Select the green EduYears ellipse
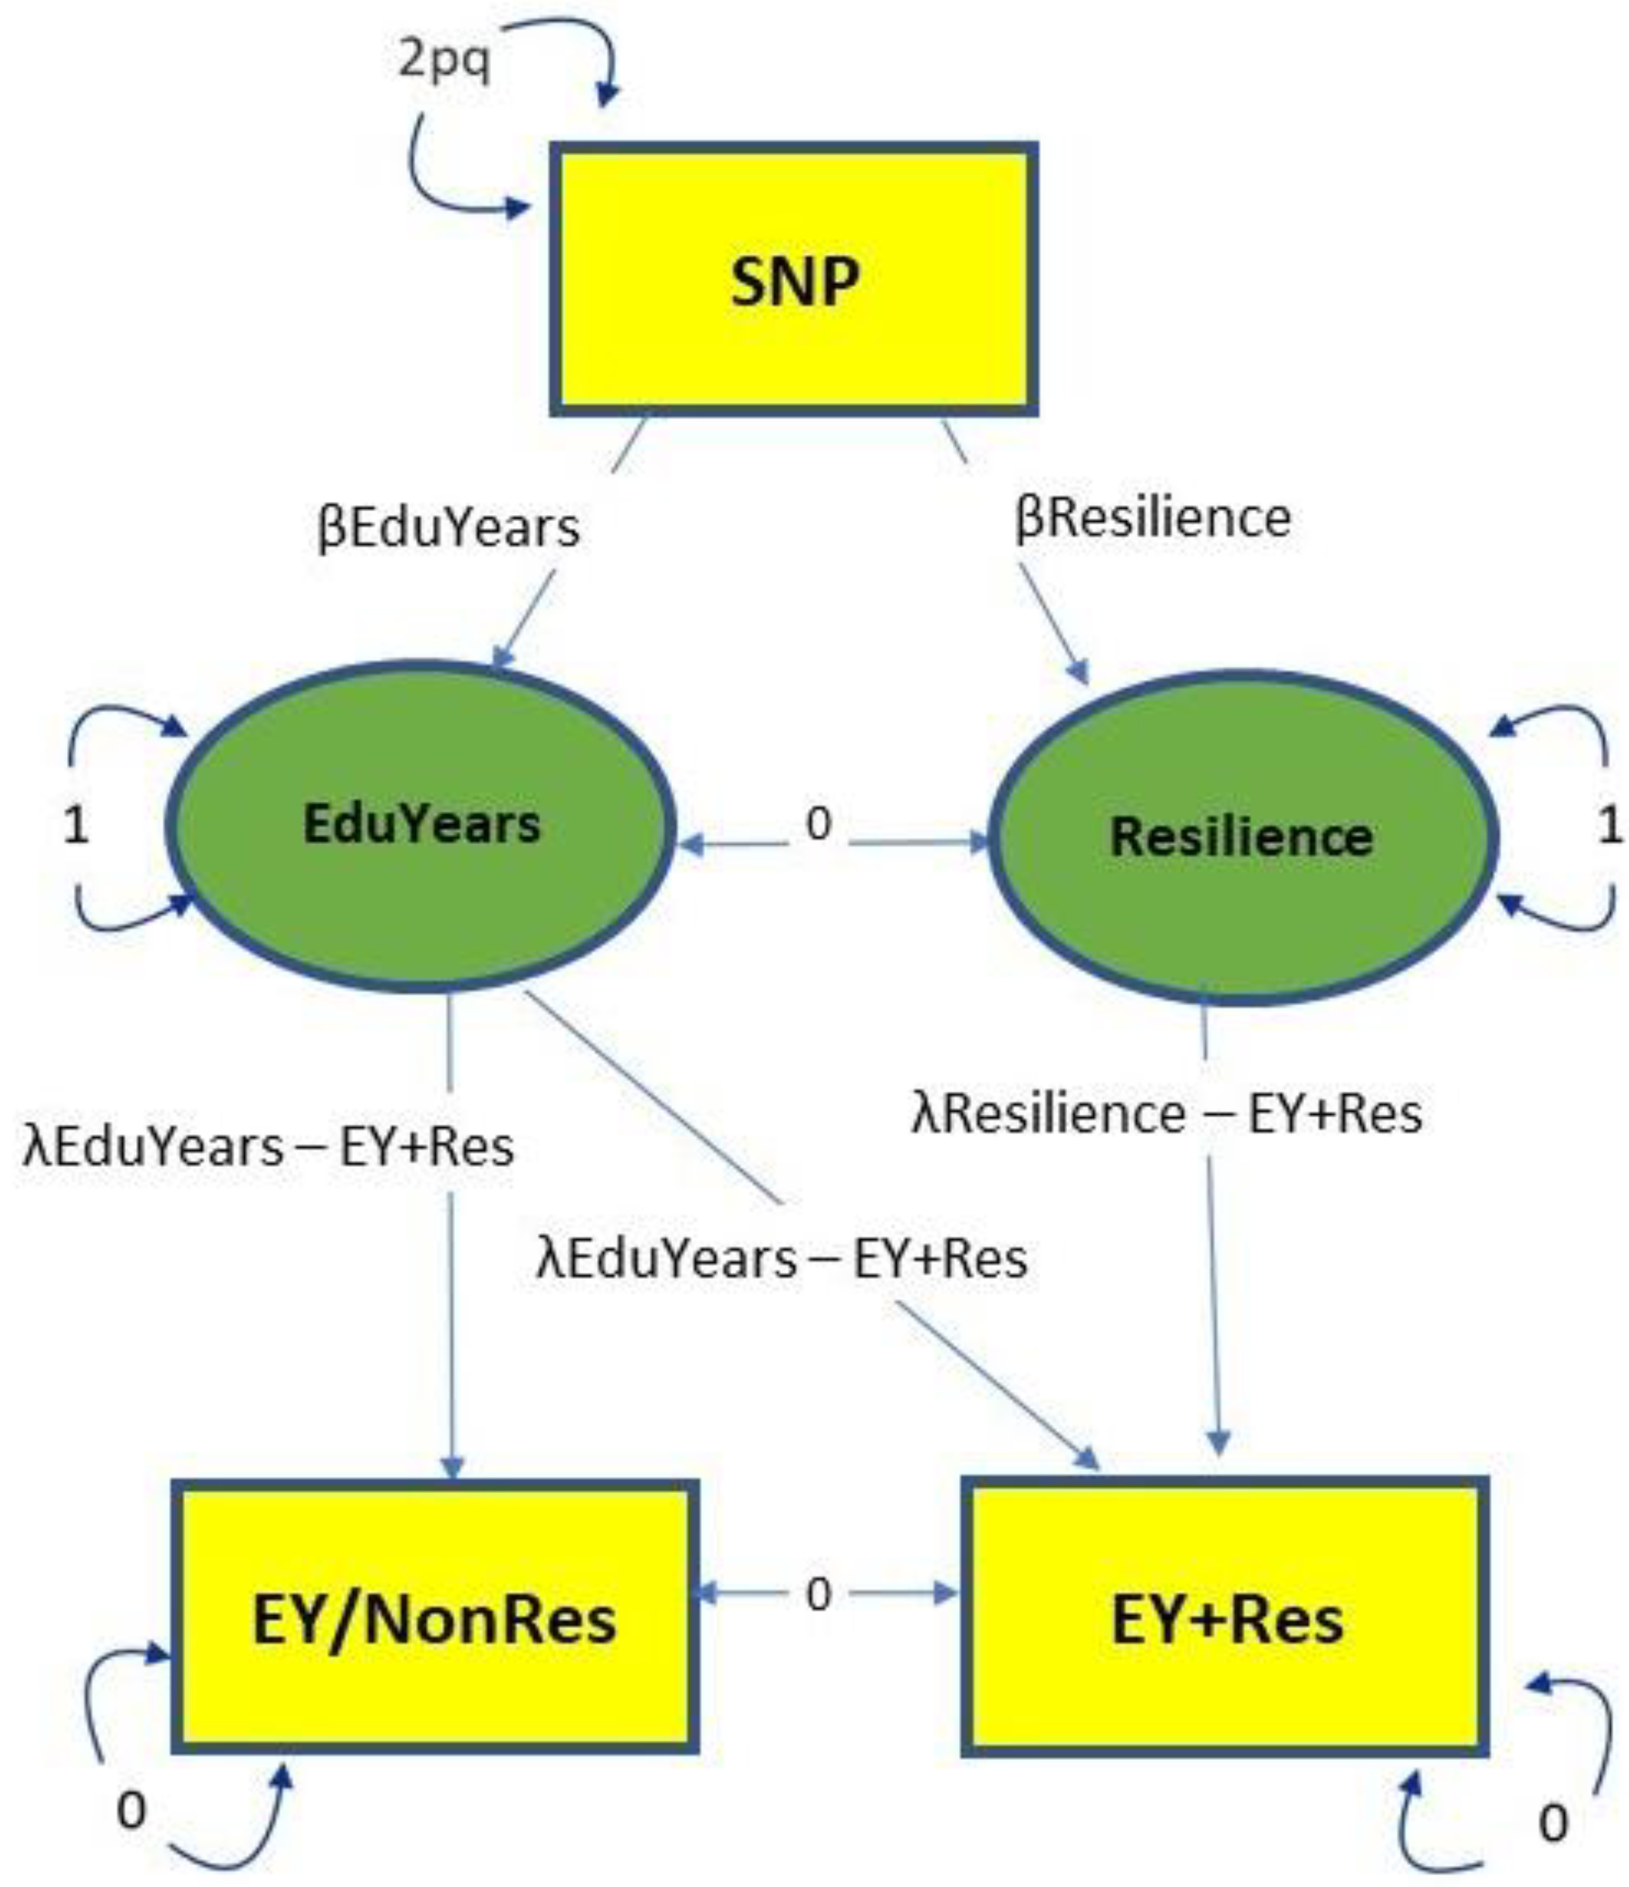coord(421,824)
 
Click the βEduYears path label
coord(448,527)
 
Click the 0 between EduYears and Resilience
coord(818,824)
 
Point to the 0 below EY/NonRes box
coord(131,1811)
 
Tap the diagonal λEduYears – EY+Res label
coord(782,1258)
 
